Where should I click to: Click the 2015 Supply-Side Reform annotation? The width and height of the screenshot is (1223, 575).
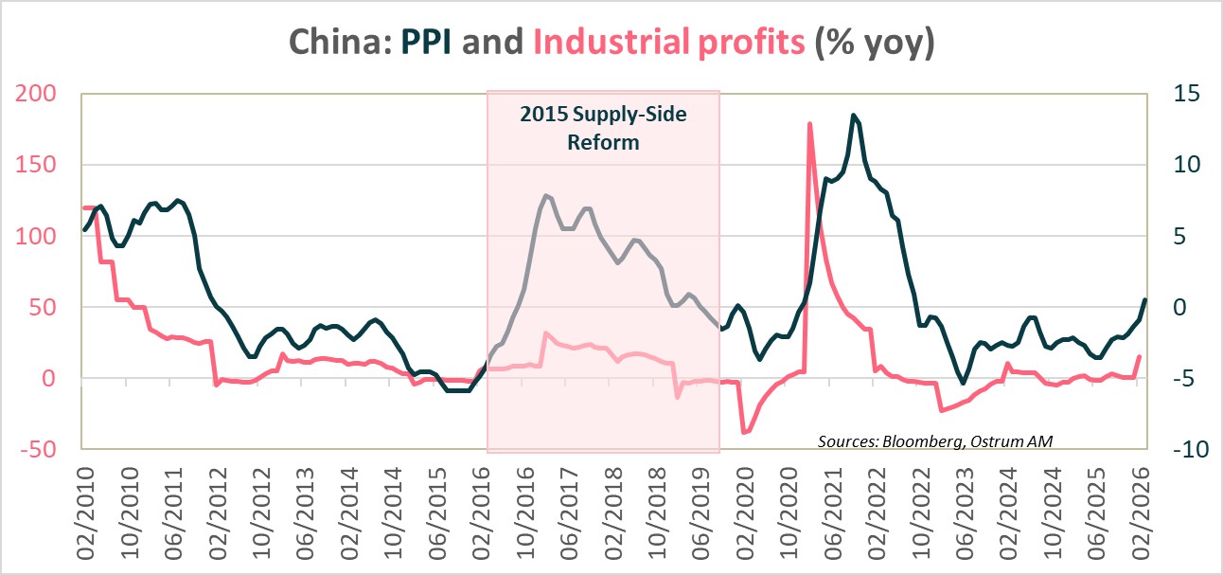tap(603, 129)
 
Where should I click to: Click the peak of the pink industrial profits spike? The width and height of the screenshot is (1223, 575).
tap(809, 123)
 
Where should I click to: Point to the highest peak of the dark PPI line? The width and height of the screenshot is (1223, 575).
tap(854, 115)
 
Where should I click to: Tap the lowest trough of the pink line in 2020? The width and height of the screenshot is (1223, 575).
tap(744, 432)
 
